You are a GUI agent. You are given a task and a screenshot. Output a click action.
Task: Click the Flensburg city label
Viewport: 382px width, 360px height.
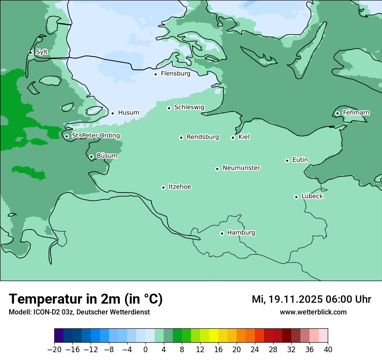tap(175, 74)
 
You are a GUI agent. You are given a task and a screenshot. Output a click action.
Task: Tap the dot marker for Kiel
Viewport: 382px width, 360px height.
tap(233, 137)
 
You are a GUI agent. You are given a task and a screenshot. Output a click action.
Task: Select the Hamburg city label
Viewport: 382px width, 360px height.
tap(241, 233)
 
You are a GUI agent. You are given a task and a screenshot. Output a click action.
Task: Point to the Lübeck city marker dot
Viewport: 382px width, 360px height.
tap(296, 197)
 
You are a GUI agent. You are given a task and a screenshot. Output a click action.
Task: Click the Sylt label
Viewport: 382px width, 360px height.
tap(42, 52)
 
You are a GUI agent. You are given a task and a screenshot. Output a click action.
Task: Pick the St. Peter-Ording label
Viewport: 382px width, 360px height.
tap(95, 136)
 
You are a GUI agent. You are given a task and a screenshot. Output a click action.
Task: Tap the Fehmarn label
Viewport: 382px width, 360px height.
tap(356, 113)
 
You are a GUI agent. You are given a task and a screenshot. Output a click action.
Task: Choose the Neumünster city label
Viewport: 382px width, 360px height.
tap(241, 168)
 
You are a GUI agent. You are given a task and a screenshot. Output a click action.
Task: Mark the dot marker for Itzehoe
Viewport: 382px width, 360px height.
tap(164, 187)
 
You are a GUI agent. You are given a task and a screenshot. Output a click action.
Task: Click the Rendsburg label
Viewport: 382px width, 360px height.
tap(203, 137)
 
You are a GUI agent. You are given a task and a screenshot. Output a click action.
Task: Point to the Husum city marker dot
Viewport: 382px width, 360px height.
tap(113, 113)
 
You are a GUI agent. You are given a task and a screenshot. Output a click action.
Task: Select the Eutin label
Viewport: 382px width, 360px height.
tap(300, 160)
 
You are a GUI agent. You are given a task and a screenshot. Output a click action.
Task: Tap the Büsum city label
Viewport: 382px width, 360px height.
tap(107, 156)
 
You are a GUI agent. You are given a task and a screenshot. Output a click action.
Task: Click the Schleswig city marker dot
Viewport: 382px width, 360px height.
tap(169, 108)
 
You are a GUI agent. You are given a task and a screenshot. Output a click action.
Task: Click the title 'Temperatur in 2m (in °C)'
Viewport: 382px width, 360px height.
tap(86, 299)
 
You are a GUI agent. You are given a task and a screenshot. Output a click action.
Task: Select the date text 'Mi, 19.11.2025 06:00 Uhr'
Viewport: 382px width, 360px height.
tap(311, 299)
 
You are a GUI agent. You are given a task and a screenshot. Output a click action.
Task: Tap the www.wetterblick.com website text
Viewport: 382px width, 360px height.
tap(313, 312)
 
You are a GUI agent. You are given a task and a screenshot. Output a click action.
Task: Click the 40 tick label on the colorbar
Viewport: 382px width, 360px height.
tap(328, 350)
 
